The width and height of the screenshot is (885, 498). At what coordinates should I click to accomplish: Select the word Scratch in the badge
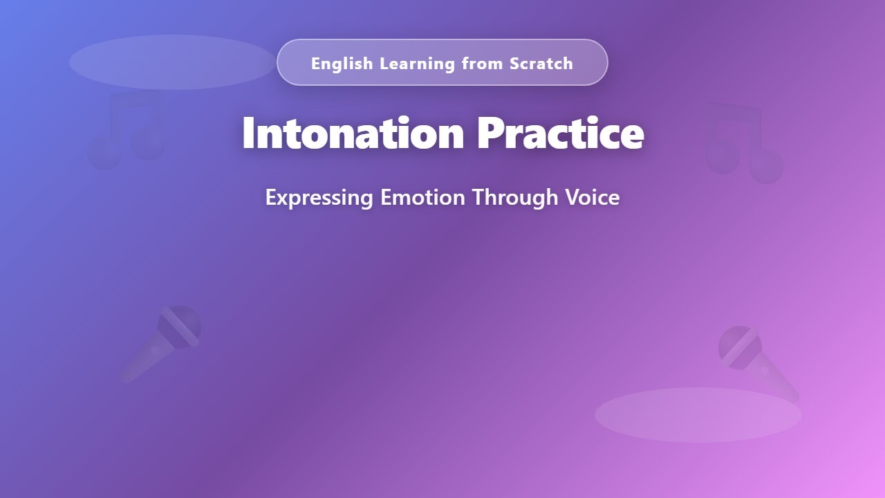541,64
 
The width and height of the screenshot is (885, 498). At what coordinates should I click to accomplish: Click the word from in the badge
483,64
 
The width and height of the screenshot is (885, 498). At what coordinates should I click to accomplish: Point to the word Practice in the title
560,133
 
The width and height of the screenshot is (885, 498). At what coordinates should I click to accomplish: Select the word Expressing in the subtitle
319,198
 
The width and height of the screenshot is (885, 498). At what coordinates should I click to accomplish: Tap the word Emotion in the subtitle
422,197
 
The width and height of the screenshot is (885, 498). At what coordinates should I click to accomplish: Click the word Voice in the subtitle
593,197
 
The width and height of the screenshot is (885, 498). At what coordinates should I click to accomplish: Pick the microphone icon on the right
758,363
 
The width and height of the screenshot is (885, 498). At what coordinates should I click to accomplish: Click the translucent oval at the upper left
173,62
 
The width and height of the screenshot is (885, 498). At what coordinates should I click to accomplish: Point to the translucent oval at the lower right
698,415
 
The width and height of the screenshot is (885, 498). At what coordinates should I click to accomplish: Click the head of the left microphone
179,325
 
